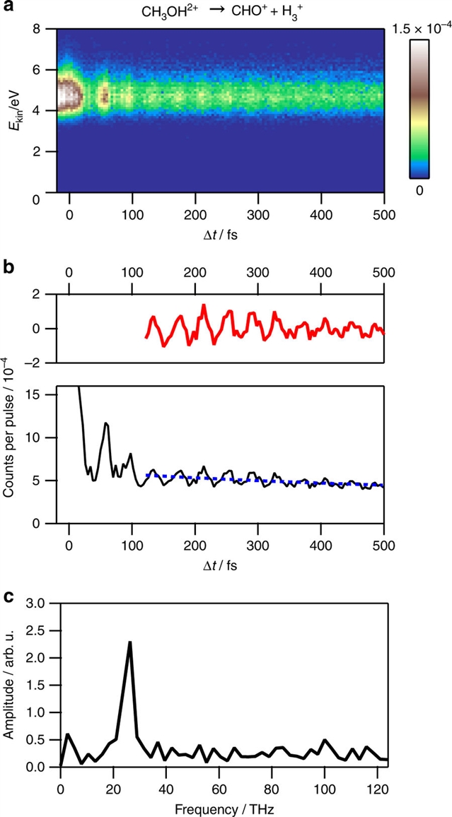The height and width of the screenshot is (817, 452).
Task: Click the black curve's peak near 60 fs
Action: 106,423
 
